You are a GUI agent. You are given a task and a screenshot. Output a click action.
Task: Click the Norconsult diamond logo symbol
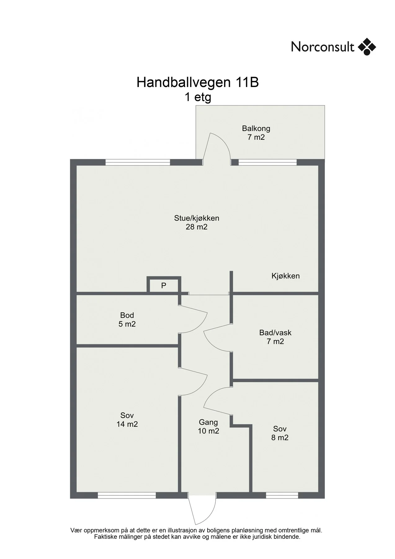367,47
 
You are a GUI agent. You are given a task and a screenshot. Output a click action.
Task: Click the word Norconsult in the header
322,47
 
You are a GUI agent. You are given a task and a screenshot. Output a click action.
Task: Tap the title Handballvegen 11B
198,83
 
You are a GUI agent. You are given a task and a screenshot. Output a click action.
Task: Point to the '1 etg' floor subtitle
198,97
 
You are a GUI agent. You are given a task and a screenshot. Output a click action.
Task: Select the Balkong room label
256,128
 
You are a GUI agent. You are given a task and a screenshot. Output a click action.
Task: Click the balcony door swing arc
221,144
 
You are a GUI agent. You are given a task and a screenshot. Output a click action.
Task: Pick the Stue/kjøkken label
197,218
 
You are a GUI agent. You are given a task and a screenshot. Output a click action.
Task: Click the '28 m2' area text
197,227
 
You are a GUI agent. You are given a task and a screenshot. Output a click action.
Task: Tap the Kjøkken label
285,276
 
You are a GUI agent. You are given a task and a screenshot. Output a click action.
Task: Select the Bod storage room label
127,315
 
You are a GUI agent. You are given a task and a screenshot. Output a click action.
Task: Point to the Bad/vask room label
275,333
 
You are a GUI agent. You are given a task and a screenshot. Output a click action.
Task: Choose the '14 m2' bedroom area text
127,424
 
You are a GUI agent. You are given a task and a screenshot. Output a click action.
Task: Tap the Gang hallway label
209,422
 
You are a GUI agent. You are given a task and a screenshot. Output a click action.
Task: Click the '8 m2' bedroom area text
280,438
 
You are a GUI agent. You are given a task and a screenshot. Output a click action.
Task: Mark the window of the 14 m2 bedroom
127,495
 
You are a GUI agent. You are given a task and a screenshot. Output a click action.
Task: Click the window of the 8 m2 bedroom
282,495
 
